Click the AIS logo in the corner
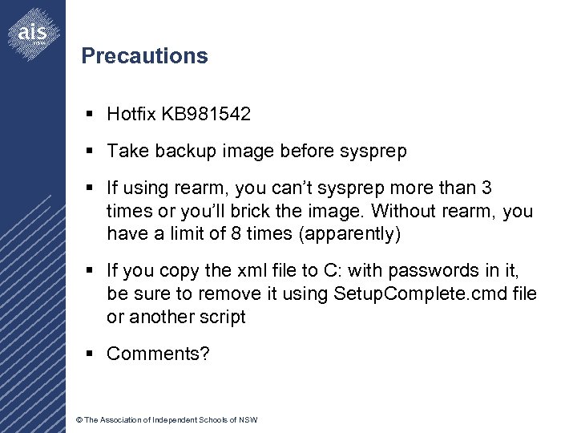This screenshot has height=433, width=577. click(x=33, y=32)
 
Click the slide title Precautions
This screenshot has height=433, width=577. click(x=144, y=56)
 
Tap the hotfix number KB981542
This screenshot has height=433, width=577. click(x=206, y=115)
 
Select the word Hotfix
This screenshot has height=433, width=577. click(x=132, y=115)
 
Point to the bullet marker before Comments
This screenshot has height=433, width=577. click(x=92, y=354)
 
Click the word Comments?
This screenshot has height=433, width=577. click(x=158, y=354)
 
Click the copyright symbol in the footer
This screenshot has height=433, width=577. click(x=79, y=420)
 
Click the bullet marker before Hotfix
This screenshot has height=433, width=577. click(x=92, y=115)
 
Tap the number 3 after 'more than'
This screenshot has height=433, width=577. click(x=486, y=188)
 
